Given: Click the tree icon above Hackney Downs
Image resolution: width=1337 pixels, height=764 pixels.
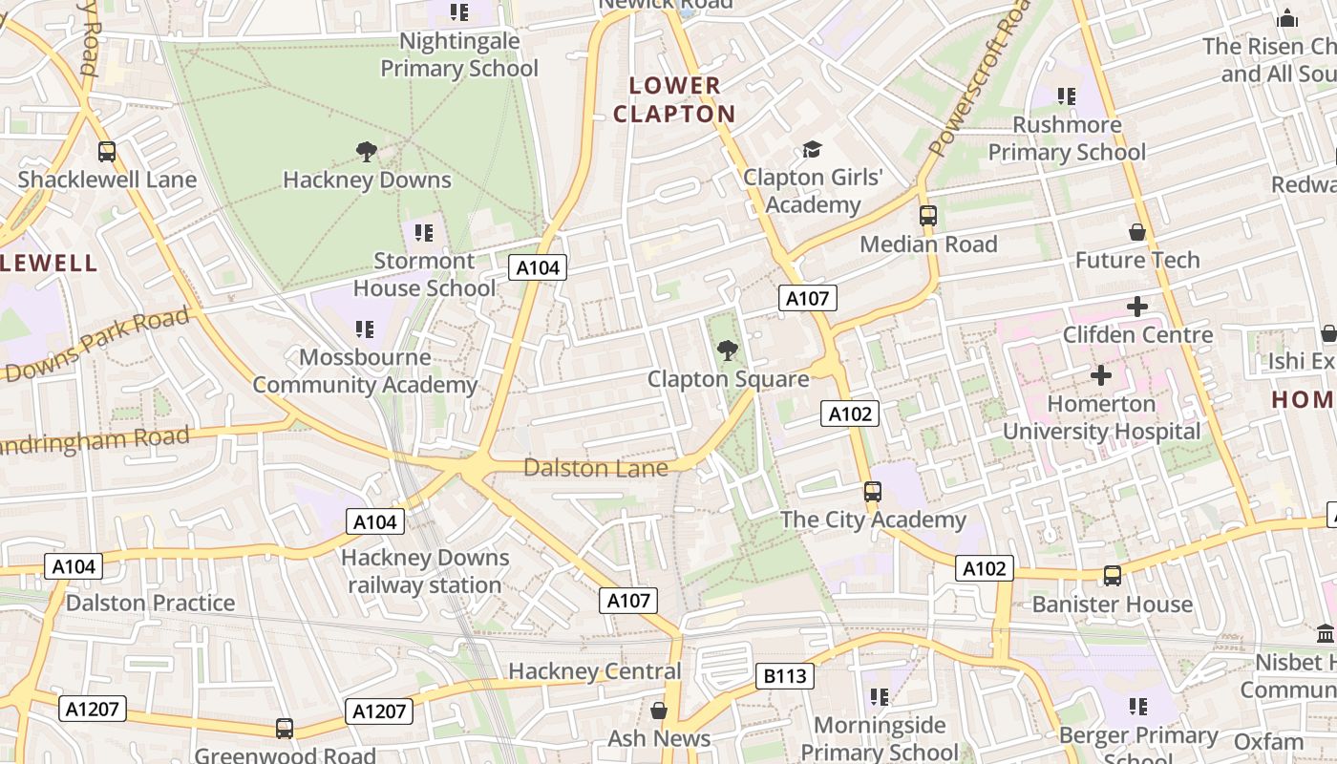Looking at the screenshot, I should [x=366, y=151].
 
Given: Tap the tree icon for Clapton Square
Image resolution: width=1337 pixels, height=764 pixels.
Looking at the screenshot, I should [x=728, y=350].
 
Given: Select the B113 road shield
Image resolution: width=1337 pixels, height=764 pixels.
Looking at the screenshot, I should [x=785, y=676].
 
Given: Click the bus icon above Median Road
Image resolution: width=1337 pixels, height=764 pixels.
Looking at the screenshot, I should [x=928, y=216].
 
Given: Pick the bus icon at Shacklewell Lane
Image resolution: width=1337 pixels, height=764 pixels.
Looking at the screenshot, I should [x=107, y=151].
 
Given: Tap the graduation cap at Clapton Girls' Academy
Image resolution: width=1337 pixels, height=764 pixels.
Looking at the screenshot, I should [x=812, y=149].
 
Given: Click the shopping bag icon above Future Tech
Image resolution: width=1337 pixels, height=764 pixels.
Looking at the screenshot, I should [x=1136, y=232].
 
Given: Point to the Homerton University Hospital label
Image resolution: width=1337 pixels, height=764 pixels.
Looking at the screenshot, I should [x=1101, y=417].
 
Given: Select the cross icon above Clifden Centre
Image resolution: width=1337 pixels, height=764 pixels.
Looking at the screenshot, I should [x=1136, y=307].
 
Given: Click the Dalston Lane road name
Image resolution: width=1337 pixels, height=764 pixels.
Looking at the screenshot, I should [x=595, y=468].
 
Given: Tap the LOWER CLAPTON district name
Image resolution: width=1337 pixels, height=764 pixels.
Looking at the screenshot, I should [x=674, y=99].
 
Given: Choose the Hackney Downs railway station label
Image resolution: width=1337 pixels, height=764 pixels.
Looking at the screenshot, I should [x=424, y=571].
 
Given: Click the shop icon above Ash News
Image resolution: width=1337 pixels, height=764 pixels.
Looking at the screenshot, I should [x=659, y=711].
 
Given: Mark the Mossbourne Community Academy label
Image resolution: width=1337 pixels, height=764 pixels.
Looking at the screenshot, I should [x=365, y=371].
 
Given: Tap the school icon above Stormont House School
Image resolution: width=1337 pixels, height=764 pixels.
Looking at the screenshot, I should [x=424, y=232].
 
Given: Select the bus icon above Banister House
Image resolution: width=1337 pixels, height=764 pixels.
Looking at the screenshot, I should [x=1113, y=576].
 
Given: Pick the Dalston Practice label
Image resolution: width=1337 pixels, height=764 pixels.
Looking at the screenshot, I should [x=150, y=603].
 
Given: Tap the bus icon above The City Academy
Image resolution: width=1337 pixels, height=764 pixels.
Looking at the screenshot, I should [x=873, y=492].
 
